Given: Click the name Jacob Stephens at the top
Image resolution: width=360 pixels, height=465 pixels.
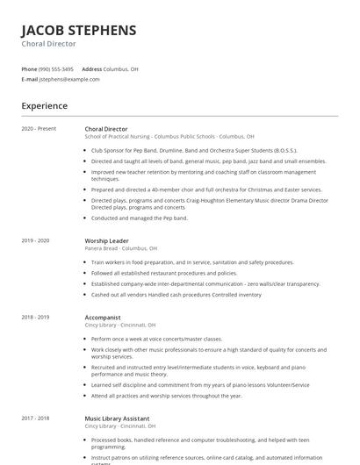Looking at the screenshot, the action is click(79, 30).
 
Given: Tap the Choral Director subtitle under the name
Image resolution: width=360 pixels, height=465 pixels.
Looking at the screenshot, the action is click(48, 44).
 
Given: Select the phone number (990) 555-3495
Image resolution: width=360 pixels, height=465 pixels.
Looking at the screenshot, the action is click(56, 68).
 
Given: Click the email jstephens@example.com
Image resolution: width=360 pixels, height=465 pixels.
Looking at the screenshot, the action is click(69, 79).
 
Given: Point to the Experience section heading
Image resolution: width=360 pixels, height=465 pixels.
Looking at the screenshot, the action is click(45, 106).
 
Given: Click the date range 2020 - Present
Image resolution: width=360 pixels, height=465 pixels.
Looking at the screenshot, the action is click(39, 129).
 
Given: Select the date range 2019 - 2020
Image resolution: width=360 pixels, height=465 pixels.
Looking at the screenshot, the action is click(35, 240).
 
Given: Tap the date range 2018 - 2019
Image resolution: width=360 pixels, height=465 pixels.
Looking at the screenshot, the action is click(35, 317).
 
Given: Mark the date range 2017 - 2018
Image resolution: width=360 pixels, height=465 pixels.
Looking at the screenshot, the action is click(35, 418).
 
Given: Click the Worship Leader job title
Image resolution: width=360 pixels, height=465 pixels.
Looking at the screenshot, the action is click(106, 240).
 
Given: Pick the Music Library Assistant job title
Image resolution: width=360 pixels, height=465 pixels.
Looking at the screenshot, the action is click(117, 418).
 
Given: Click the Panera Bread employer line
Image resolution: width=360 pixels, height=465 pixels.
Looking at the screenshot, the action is click(120, 248).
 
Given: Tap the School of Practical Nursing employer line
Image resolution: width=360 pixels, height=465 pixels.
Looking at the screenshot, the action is click(169, 137).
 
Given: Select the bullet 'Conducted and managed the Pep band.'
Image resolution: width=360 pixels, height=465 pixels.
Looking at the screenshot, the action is click(139, 218).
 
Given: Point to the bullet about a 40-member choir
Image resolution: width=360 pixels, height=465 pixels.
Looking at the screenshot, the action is click(206, 189).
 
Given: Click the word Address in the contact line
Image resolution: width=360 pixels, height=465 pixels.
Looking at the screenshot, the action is click(91, 68).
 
